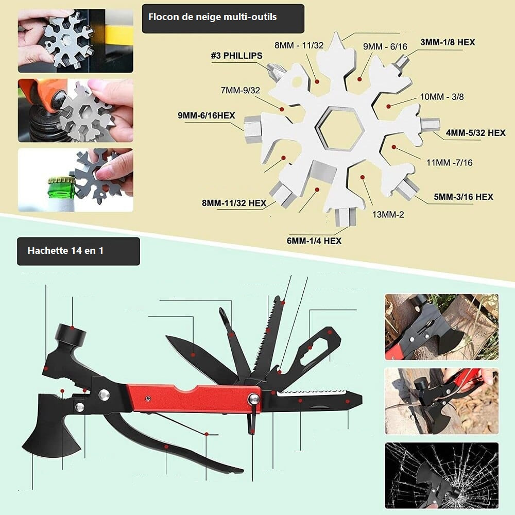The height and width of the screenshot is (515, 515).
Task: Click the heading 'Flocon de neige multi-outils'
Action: click(213, 17)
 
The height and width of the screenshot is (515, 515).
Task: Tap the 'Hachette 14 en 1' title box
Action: click(78, 251)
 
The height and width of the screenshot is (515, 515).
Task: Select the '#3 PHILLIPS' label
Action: click(236, 56)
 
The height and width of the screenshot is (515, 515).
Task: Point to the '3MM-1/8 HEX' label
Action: click(448, 42)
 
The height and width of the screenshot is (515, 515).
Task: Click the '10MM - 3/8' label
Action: click(442, 97)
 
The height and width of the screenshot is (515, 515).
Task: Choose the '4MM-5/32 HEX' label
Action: click(475, 133)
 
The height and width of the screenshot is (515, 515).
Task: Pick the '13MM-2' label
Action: click(388, 215)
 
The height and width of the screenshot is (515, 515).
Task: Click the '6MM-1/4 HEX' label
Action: click(314, 241)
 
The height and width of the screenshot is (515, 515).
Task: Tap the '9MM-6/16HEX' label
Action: click(207, 115)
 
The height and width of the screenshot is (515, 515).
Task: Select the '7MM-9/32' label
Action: click(241, 90)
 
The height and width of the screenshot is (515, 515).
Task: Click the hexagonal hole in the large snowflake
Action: click(339, 129)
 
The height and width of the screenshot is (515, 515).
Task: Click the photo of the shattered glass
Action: click(442, 475)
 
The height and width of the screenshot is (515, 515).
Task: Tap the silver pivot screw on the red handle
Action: click(254, 399)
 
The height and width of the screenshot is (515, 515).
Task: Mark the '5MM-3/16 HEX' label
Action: click(463, 197)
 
